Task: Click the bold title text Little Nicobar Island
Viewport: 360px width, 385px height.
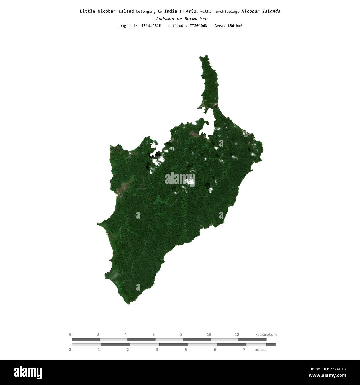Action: pyautogui.click(x=107, y=11)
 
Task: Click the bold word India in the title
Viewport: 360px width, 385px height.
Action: pyautogui.click(x=171, y=11)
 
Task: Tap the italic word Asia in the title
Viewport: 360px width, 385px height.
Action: pyautogui.click(x=191, y=11)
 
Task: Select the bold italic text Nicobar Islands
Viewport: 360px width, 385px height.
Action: pyautogui.click(x=261, y=11)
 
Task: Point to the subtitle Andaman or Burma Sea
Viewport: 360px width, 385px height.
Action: pyautogui.click(x=182, y=19)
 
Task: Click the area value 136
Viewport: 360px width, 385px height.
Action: pyautogui.click(x=231, y=26)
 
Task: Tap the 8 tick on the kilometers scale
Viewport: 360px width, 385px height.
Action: pyautogui.click(x=181, y=335)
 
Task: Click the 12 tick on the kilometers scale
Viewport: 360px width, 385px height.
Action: pyautogui.click(x=237, y=335)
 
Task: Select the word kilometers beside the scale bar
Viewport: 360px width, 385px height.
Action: pyautogui.click(x=266, y=335)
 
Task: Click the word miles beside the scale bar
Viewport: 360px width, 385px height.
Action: pyautogui.click(x=261, y=350)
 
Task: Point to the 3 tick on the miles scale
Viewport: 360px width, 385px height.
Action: pyautogui.click(x=157, y=350)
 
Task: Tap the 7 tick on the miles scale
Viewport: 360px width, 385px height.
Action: pyautogui.click(x=244, y=350)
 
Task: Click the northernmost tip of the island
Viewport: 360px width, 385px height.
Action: pyautogui.click(x=200, y=56)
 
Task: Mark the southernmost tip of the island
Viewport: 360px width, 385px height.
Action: pyautogui.click(x=129, y=304)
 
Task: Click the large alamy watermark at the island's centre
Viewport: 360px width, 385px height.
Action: pyautogui.click(x=180, y=179)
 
